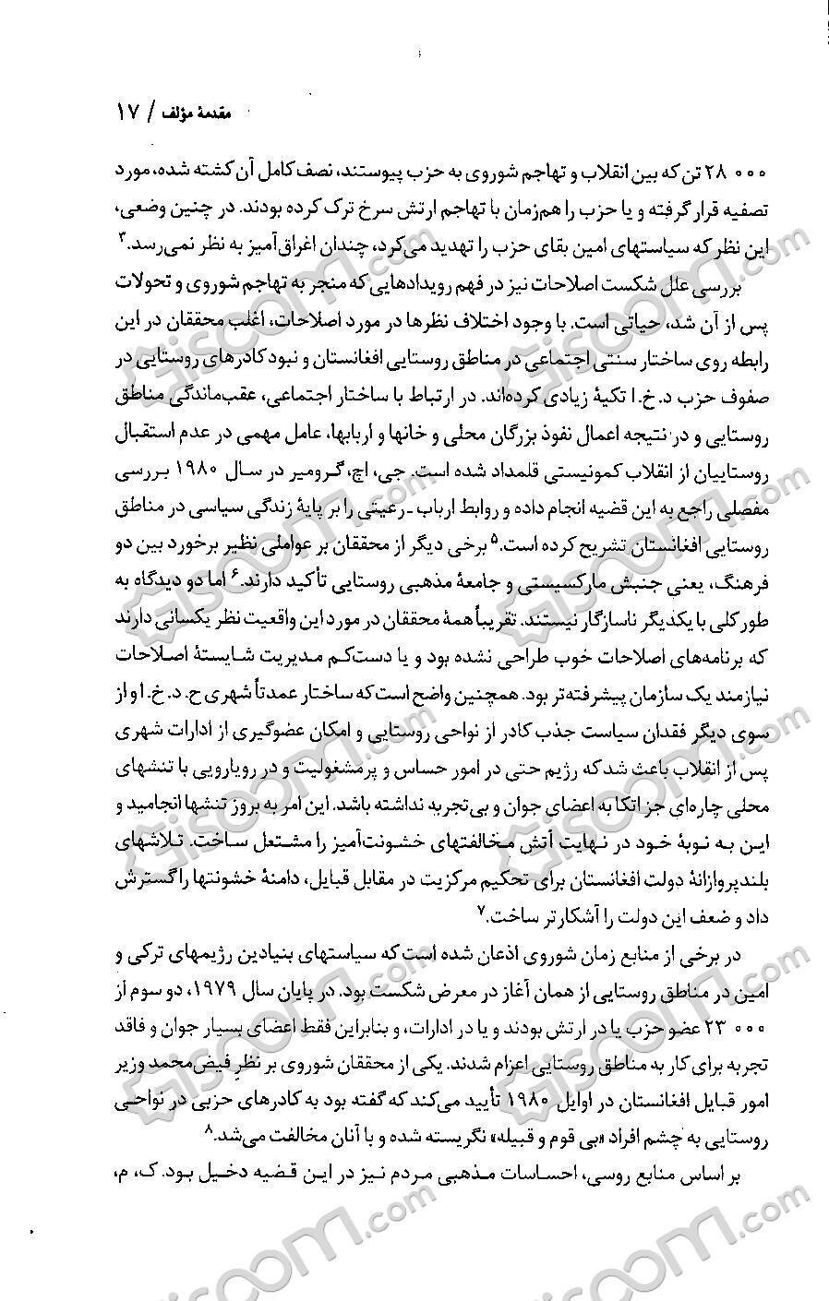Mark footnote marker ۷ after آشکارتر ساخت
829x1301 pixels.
coord(479,910)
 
